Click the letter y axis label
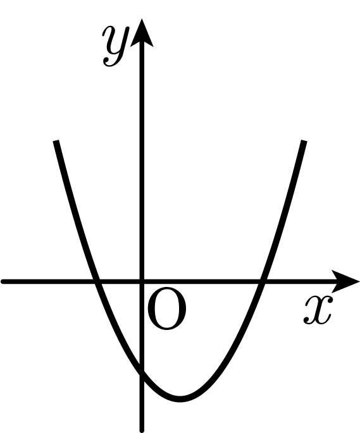coord(116,46)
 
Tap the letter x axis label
coord(318,310)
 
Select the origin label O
coord(167,308)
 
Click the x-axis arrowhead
coord(345,281)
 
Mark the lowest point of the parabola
coord(180,399)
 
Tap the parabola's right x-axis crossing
coord(262,281)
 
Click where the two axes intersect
coord(142,281)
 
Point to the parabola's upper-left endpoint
coord(56,141)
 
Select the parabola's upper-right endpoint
coord(304,141)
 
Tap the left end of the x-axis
coord(3,281)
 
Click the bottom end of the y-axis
coord(142,430)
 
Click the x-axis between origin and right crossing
coord(202,281)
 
